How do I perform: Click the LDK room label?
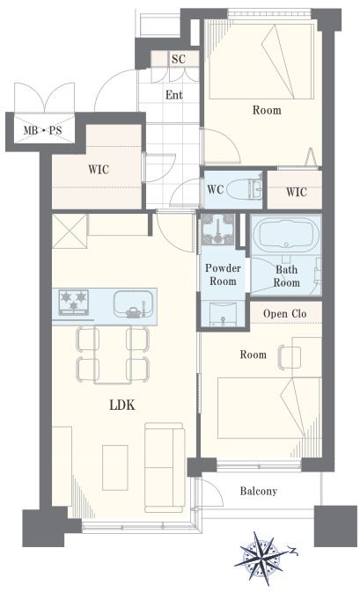[x=122, y=406]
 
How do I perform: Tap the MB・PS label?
[x=42, y=131]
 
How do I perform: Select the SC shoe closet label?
[x=179, y=59]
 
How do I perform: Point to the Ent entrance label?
[x=173, y=95]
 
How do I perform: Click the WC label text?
[x=216, y=189]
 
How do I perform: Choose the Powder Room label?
[x=223, y=274]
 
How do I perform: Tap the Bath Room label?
[x=286, y=276]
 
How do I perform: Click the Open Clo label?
[x=285, y=313]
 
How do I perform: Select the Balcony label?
[x=259, y=491]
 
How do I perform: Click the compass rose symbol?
[x=261, y=558]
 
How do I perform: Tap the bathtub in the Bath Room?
[x=286, y=235]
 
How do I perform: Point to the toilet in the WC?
[x=245, y=188]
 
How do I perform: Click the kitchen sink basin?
[x=134, y=303]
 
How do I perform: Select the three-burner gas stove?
[x=74, y=302]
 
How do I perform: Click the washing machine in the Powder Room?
[x=217, y=229]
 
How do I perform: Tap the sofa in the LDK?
[x=165, y=467]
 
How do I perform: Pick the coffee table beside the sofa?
[x=115, y=467]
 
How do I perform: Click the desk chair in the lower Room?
[x=289, y=357]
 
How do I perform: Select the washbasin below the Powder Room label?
[x=223, y=314]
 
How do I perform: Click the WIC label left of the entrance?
[x=99, y=170]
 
